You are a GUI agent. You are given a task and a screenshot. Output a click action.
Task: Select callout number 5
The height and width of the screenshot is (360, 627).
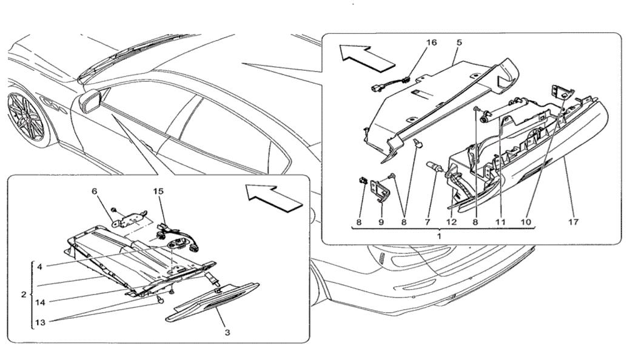[x=459, y=43]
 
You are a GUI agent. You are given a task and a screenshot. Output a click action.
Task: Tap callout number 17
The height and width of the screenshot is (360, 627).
[x=573, y=222]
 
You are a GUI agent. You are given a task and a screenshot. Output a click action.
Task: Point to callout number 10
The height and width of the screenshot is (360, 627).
[x=526, y=222]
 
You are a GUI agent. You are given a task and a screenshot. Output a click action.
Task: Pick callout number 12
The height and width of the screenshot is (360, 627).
[x=451, y=222]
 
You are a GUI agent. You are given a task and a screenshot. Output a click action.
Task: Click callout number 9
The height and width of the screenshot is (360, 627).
[x=382, y=222]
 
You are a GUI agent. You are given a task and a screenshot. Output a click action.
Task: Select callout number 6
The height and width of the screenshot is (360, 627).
[x=95, y=191]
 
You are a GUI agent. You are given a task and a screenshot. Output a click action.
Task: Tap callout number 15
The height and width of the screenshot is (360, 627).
[x=158, y=191]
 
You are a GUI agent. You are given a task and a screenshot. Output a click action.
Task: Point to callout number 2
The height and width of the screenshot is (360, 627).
[x=24, y=295]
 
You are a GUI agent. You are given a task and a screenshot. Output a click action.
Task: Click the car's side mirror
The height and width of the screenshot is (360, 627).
[x=90, y=101]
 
